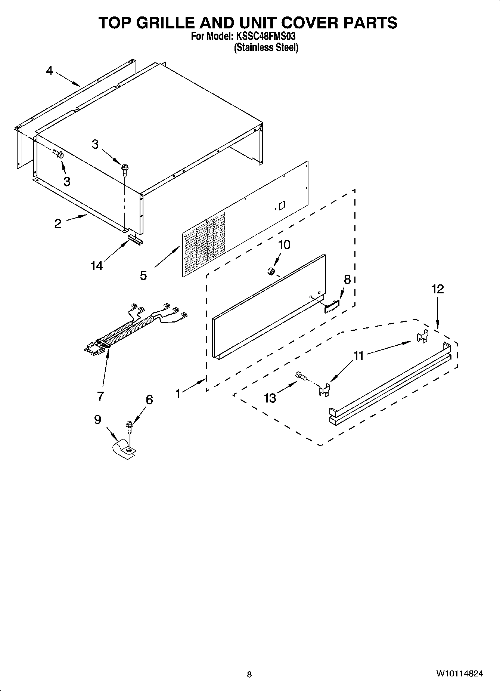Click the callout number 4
tap(50, 71)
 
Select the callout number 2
tap(58, 223)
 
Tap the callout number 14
tap(96, 266)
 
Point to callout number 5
tap(143, 276)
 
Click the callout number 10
tap(284, 245)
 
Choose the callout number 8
tap(347, 280)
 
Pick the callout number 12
tap(438, 289)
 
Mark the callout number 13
tap(270, 398)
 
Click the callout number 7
tap(100, 396)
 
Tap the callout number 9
tap(97, 420)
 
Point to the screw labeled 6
tap(130, 426)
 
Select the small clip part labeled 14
tap(135, 240)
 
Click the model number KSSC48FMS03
tap(266, 37)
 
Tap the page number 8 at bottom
tap(249, 674)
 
